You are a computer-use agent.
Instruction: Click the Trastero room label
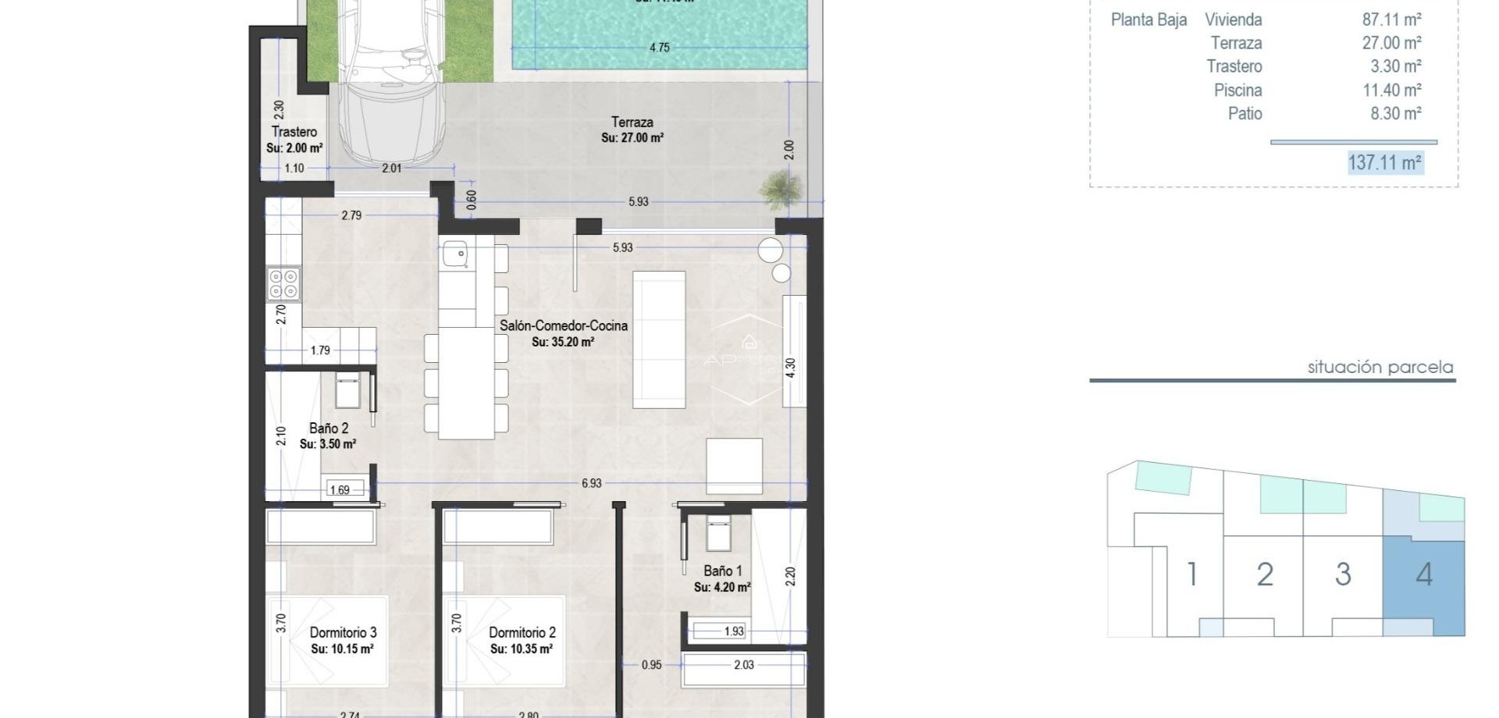(294, 132)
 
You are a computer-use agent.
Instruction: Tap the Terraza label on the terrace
(632, 123)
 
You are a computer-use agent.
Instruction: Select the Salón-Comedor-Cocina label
(563, 326)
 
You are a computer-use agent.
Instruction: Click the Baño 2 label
(328, 428)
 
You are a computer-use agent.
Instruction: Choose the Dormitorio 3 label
(343, 633)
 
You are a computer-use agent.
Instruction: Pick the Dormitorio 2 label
(522, 633)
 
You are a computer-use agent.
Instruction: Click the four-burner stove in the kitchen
(283, 284)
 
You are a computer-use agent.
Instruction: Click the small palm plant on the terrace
(780, 189)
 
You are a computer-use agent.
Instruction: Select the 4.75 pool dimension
(659, 48)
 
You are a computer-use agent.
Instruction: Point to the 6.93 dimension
(591, 484)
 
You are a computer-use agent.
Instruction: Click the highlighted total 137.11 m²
(1385, 162)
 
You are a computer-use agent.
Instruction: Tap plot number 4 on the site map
(1423, 575)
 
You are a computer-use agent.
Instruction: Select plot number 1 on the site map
(1191, 575)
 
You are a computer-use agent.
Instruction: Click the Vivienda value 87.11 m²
(1391, 20)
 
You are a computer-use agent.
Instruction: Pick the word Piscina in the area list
(1237, 91)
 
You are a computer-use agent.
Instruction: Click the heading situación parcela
(1380, 368)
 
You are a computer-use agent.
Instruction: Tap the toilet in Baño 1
(718, 533)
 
